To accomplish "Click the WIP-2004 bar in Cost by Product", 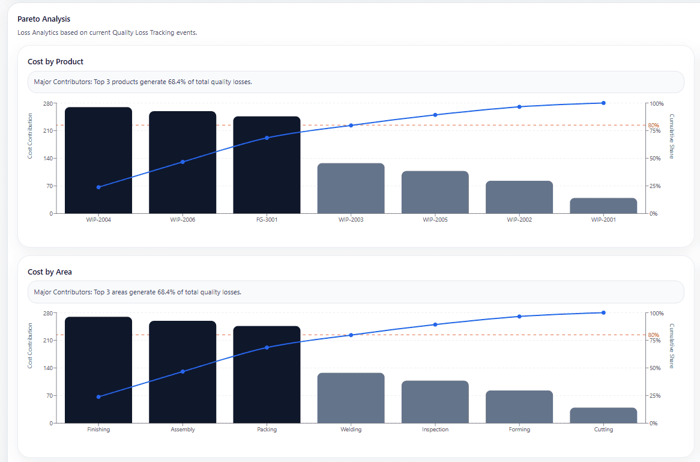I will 98,160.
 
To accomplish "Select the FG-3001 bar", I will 267,165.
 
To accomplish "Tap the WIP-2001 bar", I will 603,205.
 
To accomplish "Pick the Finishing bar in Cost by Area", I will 98,370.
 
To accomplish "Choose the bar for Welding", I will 351,398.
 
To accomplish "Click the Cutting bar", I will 603,415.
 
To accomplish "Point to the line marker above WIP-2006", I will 183,162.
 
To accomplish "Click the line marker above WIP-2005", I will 435,115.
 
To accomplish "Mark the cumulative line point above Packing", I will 267,347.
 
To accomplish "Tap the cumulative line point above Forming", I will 519,316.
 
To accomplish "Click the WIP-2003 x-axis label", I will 351,220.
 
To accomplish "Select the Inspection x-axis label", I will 435,430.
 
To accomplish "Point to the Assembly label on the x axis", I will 183,430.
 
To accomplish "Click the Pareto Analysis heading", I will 44,19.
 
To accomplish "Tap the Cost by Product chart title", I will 55,61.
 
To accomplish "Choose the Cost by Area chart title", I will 50,272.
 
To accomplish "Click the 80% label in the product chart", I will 653,126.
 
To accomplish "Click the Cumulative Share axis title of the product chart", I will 672,136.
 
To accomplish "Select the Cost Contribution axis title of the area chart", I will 30,345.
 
